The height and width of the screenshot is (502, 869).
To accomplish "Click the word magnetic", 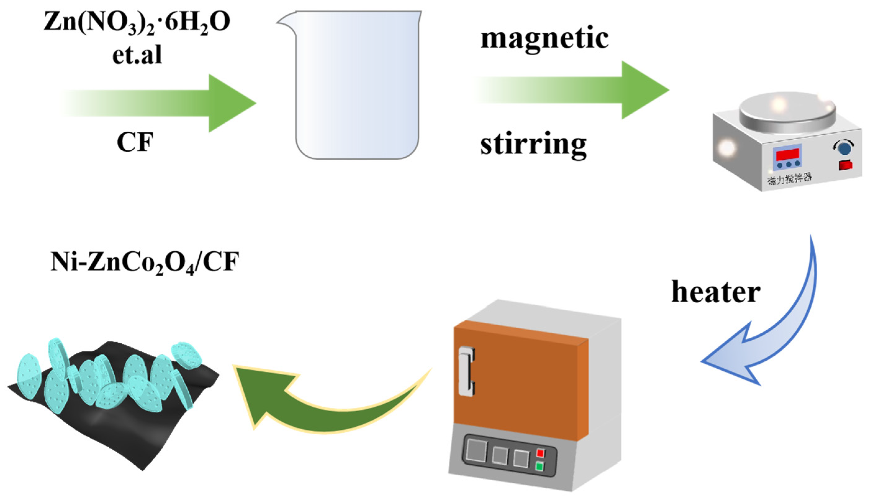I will (x=544, y=39).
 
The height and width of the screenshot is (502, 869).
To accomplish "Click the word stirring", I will (x=533, y=145).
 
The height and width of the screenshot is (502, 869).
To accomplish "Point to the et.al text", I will (x=137, y=55).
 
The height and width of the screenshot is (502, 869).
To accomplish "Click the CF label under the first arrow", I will (x=135, y=142).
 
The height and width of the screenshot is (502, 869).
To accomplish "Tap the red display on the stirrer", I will (x=787, y=154).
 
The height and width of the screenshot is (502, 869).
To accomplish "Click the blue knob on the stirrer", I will (x=844, y=148).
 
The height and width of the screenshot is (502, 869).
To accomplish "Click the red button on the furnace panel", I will (x=540, y=453).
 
